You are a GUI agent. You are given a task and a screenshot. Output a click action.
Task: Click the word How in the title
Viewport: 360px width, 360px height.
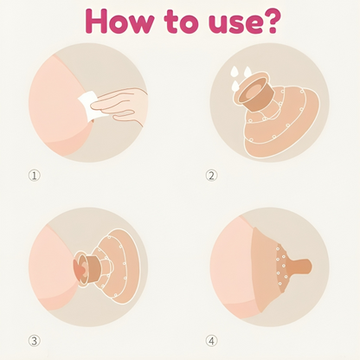point(119,21)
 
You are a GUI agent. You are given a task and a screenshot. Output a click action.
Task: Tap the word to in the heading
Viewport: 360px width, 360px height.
point(182,22)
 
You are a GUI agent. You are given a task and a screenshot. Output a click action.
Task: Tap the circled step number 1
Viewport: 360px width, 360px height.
point(35,176)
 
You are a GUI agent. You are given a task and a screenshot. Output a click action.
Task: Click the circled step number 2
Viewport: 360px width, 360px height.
point(211,176)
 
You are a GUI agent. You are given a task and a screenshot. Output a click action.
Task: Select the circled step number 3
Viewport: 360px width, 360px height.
point(35,341)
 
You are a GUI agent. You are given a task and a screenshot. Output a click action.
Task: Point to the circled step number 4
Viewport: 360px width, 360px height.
point(211,341)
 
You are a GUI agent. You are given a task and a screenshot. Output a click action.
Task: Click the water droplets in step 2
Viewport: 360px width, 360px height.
point(241,76)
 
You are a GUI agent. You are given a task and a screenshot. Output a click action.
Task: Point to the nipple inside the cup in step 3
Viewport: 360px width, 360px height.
point(80,268)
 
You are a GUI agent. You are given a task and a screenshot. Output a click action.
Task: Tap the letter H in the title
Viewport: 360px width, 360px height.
point(96,21)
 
